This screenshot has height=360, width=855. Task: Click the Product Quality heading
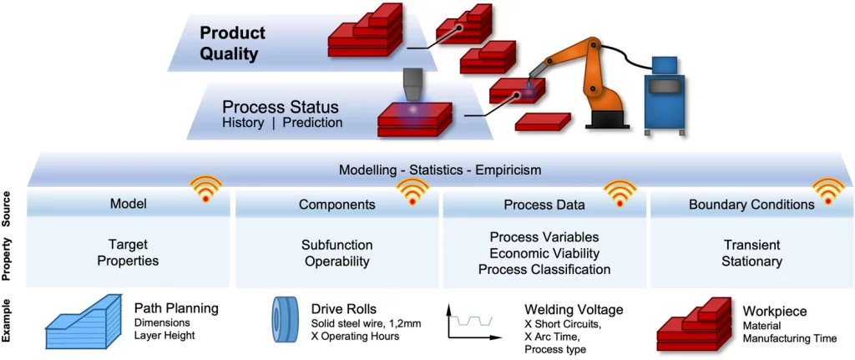(232, 43)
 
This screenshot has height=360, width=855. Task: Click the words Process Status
(280, 108)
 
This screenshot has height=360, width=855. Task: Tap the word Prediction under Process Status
(312, 123)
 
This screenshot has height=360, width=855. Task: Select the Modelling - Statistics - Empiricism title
(440, 170)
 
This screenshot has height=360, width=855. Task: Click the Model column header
(128, 204)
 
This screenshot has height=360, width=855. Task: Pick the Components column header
(336, 204)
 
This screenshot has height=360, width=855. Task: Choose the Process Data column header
(544, 204)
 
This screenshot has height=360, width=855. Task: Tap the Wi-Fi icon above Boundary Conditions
(828, 190)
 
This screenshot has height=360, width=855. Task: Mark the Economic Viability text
(544, 253)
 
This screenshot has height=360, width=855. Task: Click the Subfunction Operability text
(336, 253)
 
